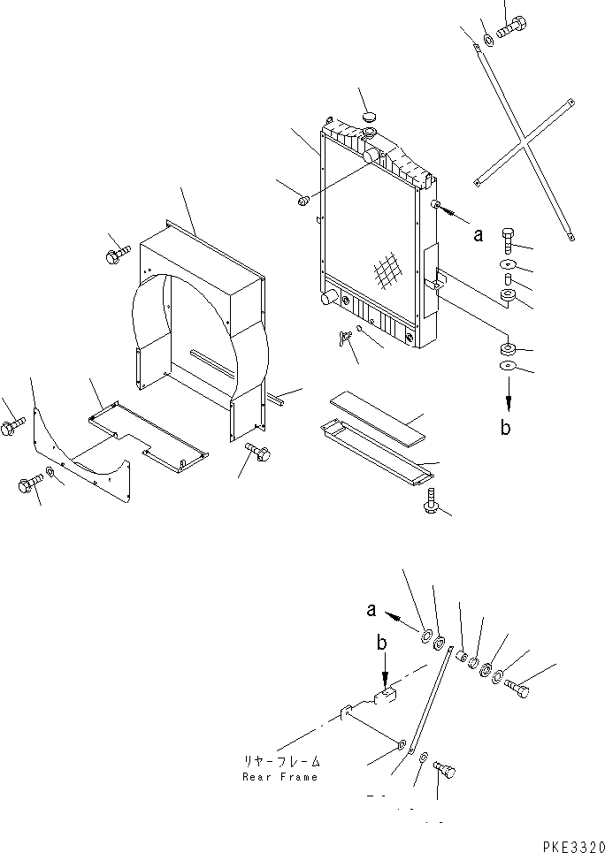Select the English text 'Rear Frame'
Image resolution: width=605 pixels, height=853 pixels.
(x=280, y=777)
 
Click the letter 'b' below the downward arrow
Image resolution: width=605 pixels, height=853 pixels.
(x=505, y=428)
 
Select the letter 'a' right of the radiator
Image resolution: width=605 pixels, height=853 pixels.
(x=478, y=235)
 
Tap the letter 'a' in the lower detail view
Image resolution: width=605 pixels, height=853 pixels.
(x=372, y=609)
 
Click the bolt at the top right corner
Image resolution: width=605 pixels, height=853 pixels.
(x=510, y=27)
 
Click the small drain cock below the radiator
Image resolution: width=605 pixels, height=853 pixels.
(x=343, y=339)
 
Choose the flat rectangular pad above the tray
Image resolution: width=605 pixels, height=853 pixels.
(x=376, y=417)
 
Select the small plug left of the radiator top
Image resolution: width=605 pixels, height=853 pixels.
(x=302, y=202)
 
